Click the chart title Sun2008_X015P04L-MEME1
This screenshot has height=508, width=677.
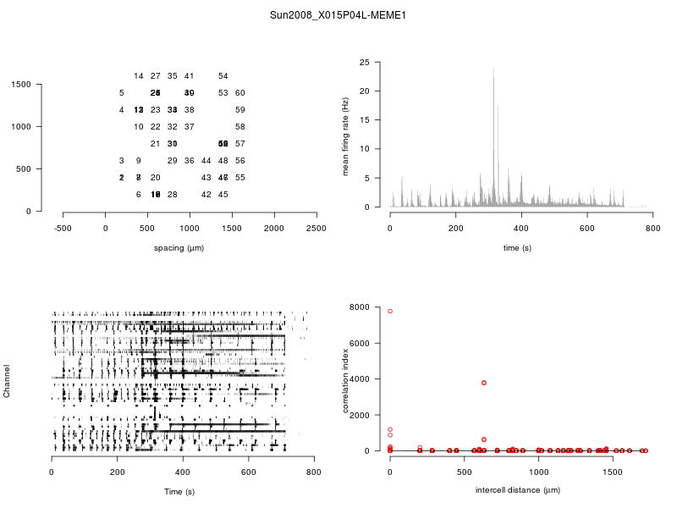point(338,15)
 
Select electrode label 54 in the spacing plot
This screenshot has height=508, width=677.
point(223,76)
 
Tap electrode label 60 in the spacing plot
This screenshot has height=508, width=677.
point(240,93)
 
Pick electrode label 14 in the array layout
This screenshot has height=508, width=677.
point(139,76)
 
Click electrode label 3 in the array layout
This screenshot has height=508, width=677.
point(122,161)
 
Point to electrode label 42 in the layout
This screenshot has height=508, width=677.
point(206,195)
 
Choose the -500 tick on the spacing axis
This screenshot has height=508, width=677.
point(63,228)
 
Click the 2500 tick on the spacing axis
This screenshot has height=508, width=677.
point(316,228)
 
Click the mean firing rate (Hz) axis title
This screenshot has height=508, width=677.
point(345,135)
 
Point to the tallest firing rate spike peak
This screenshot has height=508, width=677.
point(493,68)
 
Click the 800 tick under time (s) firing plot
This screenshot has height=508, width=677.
point(652,228)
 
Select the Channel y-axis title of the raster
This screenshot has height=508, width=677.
point(8,382)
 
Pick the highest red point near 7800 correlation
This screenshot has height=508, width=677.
point(390,312)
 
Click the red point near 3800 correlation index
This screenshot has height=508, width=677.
point(484,383)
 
